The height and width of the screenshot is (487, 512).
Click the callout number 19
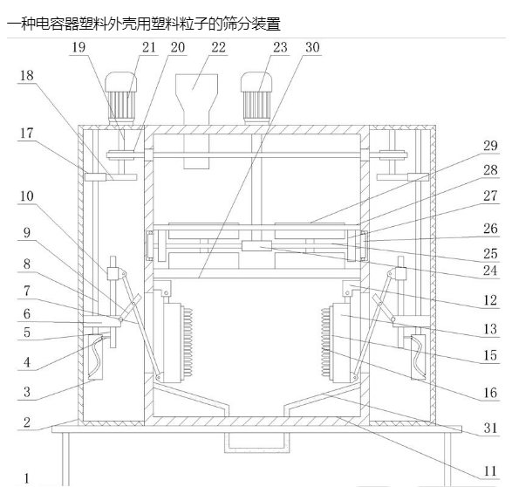(79, 48)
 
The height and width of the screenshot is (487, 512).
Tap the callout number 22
(218, 48)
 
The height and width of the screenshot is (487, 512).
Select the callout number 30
(312, 48)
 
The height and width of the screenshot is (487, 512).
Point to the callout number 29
(490, 146)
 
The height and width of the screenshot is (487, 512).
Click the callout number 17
(27, 134)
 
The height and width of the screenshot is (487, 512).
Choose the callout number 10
(27, 196)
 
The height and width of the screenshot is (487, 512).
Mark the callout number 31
(490, 429)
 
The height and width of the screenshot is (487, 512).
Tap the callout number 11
(490, 471)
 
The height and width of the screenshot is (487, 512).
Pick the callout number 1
(27, 479)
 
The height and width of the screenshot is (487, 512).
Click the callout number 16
(490, 393)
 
